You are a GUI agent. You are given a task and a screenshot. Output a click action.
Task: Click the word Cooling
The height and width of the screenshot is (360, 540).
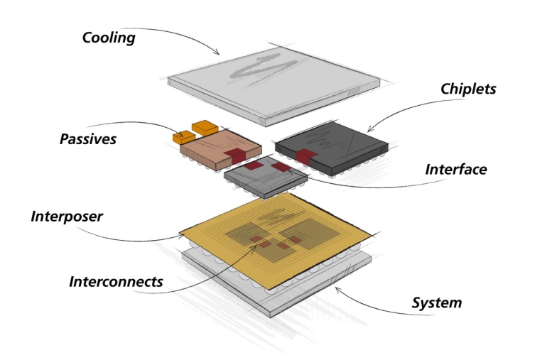coord(109,37)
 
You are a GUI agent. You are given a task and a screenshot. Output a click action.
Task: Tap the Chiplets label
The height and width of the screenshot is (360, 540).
coord(468,89)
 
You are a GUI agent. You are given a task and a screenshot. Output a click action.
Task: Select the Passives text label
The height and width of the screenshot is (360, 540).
coord(87,138)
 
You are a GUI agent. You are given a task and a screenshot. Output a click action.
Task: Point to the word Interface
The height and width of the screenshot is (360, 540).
coord(455,170)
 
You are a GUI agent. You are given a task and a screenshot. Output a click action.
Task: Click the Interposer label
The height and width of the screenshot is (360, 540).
coord(67,216)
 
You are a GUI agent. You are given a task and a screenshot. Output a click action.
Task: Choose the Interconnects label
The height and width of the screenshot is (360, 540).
coord(116,281)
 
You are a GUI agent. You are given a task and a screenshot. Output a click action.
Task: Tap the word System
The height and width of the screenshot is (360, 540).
coord(437,303)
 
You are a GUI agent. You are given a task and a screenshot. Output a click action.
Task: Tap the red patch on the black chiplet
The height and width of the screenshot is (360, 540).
coord(306,156)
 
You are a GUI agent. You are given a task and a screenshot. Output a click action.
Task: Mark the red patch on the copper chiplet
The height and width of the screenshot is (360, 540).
coord(234,153)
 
